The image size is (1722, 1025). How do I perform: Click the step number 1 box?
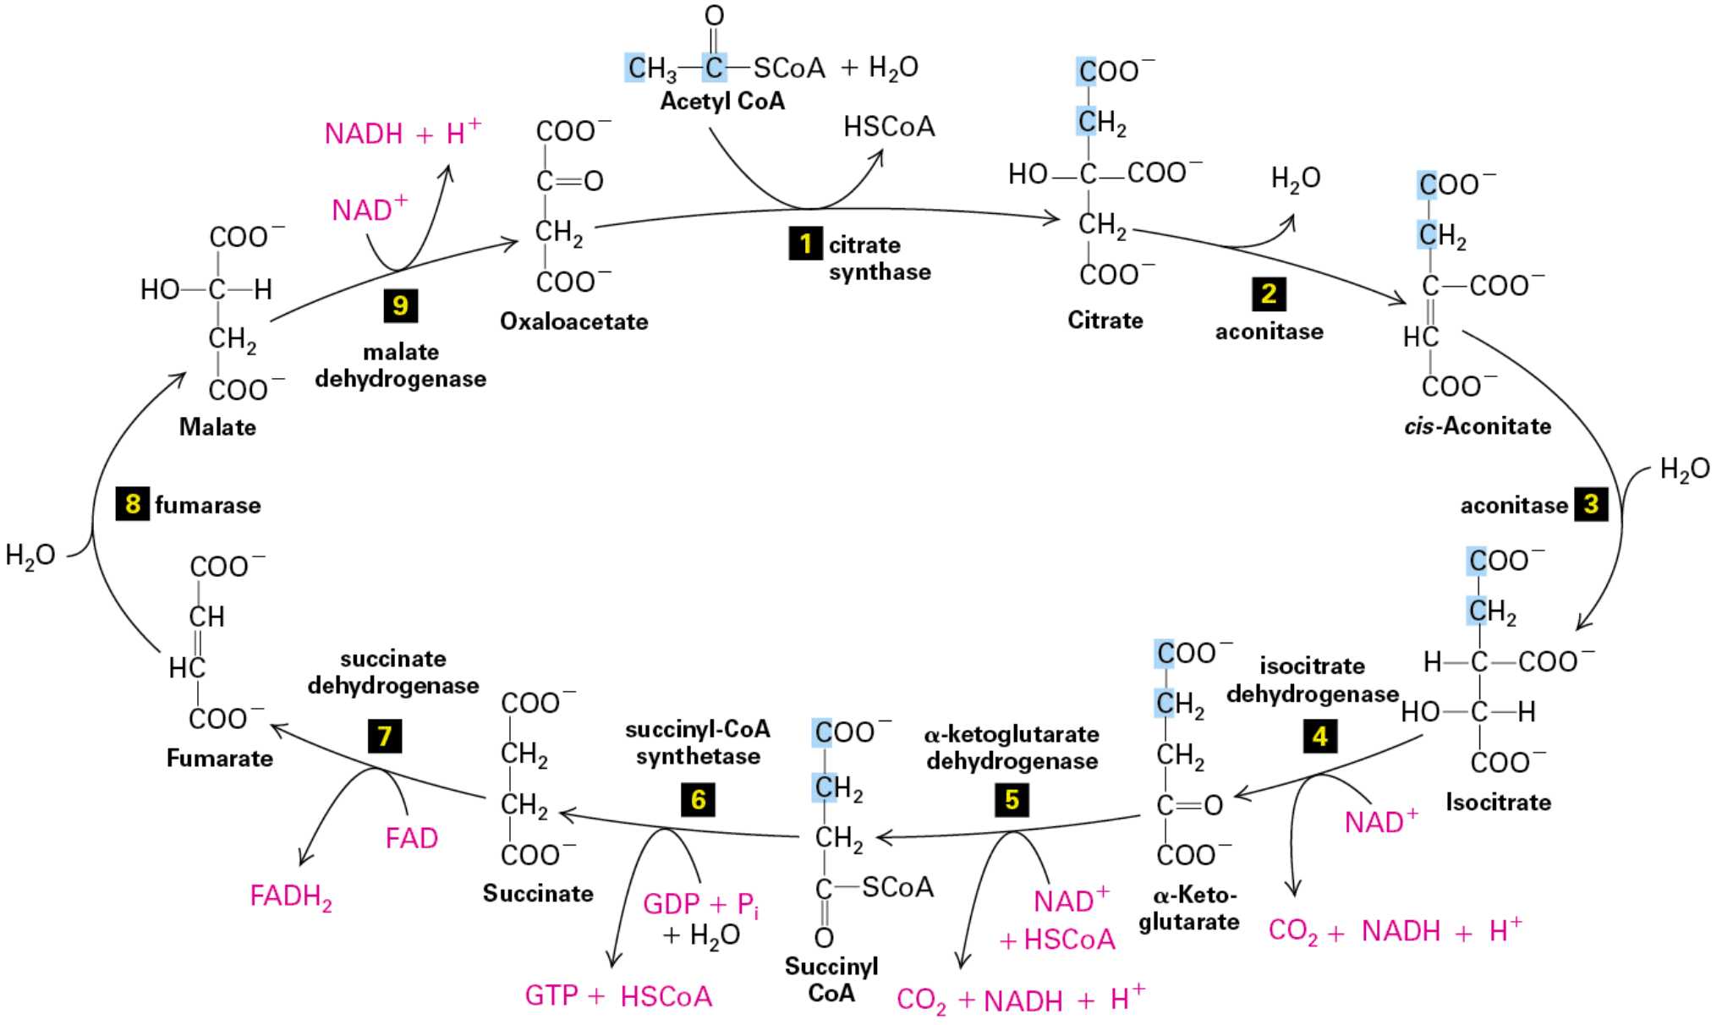805,244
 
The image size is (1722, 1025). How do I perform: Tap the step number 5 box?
1012,799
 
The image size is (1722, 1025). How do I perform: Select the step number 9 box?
400,305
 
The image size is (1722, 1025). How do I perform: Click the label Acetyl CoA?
722,101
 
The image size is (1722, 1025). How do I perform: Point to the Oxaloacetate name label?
573,321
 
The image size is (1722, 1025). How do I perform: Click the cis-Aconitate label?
1477,426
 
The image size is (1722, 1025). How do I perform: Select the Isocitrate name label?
1498,802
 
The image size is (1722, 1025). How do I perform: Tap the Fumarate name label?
219,758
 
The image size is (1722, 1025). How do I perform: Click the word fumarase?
207,506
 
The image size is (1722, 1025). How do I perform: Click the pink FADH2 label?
290,896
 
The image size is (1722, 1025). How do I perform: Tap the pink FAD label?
411,838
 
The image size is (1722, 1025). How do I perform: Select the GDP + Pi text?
700,904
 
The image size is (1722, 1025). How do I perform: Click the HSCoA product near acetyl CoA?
889,127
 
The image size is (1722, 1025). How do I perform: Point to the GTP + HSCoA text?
618,996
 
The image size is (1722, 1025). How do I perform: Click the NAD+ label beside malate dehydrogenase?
370,209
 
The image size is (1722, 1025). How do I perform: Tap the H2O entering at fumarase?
30,556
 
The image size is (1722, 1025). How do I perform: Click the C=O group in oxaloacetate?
569,181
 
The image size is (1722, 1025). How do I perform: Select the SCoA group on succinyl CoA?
897,887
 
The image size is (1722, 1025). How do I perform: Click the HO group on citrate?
1028,174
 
